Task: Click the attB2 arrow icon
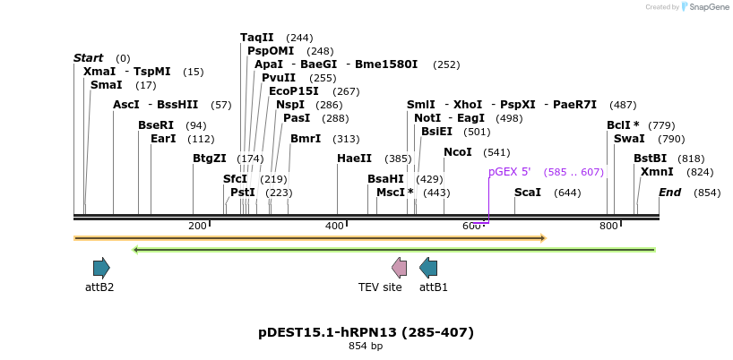click(101, 267)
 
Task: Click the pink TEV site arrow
click(400, 267)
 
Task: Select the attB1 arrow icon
click(428, 267)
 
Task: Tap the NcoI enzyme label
click(457, 152)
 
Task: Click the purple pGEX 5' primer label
click(509, 172)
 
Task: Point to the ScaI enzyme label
click(527, 193)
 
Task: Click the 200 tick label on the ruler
click(197, 226)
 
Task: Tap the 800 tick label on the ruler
click(608, 226)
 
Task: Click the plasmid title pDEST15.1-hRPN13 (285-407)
click(366, 332)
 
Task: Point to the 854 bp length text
click(366, 346)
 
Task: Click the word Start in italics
click(88, 58)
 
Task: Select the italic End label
click(669, 193)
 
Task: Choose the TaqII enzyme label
click(257, 38)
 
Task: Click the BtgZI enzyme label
click(209, 159)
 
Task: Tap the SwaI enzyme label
click(629, 139)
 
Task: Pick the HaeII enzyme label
click(354, 159)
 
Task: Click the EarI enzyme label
click(163, 139)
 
